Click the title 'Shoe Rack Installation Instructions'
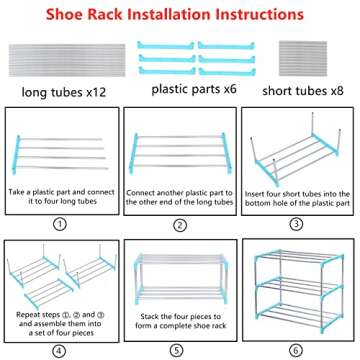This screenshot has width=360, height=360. [x=180, y=15]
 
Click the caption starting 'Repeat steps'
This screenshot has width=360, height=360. [x=58, y=320]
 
